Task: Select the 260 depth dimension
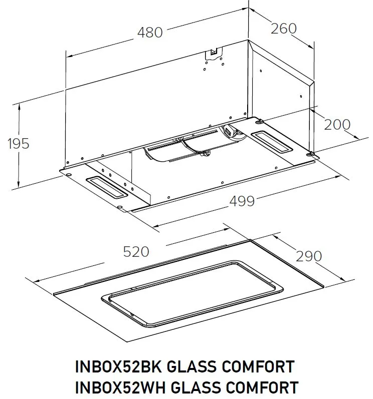(283, 29)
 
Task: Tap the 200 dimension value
(337, 124)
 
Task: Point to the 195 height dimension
(19, 144)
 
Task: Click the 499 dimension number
(242, 201)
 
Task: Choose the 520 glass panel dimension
(136, 252)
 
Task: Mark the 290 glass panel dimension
(308, 256)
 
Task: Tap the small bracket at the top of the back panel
(214, 51)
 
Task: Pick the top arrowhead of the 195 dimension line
(19, 105)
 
